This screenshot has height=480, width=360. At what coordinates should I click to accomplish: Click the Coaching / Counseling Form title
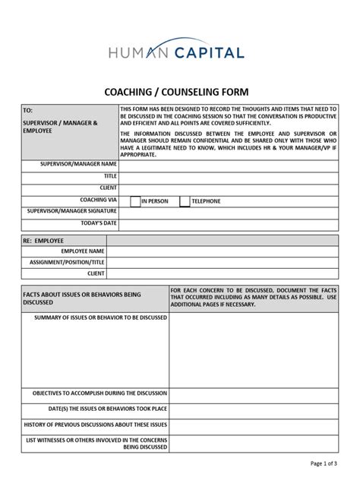(179, 91)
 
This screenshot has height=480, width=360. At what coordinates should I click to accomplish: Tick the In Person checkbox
(135, 201)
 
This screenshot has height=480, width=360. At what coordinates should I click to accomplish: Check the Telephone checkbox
(185, 201)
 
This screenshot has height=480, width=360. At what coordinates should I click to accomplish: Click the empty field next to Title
(228, 175)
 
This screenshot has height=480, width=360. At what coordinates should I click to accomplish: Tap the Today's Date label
(99, 223)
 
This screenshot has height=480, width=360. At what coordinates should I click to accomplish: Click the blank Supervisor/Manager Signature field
(228, 212)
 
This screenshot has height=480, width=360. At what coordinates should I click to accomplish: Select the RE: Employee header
(44, 240)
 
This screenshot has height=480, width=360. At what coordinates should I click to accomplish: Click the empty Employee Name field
(222, 251)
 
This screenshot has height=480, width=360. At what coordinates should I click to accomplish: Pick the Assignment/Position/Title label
(67, 262)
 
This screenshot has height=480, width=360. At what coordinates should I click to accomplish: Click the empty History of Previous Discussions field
(253, 424)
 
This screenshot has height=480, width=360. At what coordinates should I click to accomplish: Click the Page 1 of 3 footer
(324, 463)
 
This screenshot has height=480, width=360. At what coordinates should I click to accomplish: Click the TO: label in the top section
(29, 110)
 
